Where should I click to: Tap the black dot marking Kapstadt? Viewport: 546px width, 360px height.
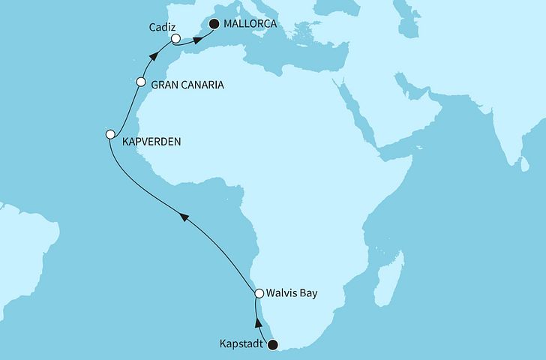tap(273, 346)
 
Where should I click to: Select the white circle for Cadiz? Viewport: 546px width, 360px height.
tap(175, 39)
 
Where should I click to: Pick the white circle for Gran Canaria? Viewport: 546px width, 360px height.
tap(140, 82)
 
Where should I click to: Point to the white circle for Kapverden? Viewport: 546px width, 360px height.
tap(110, 134)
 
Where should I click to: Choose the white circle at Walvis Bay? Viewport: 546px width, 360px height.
tap(259, 294)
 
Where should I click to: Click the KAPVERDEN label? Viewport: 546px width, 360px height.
tap(154, 139)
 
